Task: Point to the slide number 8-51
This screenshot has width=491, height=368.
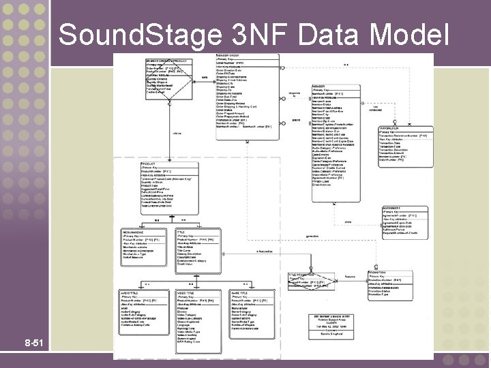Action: coord(33,340)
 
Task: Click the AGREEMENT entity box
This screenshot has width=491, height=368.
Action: coord(406,226)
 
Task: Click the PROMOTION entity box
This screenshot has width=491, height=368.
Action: coord(406,282)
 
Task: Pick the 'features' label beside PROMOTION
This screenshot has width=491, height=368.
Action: coord(350,277)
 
